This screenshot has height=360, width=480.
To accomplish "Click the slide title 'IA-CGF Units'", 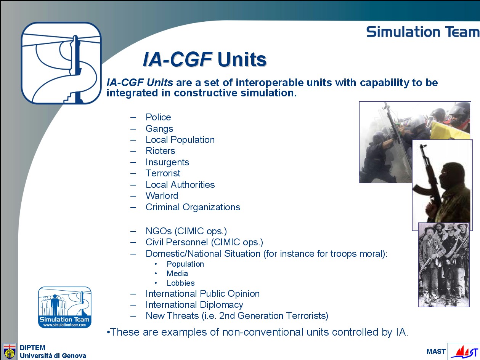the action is [x=205, y=59].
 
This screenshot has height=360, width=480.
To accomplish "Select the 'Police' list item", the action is [x=158, y=117].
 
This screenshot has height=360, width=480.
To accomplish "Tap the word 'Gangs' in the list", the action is [x=159, y=129].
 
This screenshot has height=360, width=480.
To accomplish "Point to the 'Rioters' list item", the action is [x=160, y=151].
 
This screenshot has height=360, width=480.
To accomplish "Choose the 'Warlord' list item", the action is [x=162, y=196].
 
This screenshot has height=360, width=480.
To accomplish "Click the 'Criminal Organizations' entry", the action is [x=193, y=207].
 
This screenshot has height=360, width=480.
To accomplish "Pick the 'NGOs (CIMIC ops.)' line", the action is [x=186, y=231].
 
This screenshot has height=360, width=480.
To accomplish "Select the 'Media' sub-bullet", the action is [x=177, y=274].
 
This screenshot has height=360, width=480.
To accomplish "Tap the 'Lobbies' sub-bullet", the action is [x=181, y=283].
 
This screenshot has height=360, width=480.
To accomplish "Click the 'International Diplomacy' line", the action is [x=194, y=305].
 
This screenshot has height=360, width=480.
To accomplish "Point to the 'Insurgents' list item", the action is [x=167, y=162].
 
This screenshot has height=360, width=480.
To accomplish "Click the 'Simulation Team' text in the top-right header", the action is [x=423, y=32].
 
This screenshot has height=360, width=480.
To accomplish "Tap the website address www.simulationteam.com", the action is [x=64, y=325].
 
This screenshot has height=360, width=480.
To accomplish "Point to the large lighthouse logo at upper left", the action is [x=61, y=63].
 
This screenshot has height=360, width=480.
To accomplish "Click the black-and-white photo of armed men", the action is [x=444, y=265].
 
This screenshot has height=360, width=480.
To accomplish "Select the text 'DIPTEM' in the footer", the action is [x=32, y=347].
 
